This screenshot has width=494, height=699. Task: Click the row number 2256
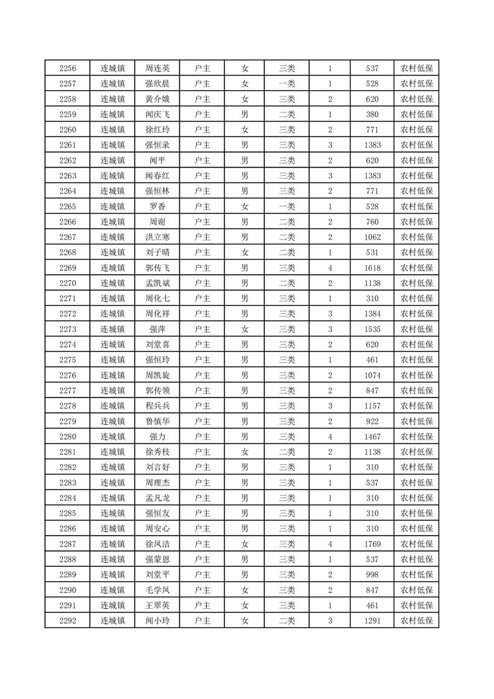(x=67, y=69)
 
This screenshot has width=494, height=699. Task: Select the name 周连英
(x=157, y=69)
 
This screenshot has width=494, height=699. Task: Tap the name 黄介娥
(x=157, y=99)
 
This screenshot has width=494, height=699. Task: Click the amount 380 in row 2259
(x=373, y=115)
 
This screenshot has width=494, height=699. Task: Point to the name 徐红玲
(x=157, y=130)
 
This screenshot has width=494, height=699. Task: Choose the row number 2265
(x=67, y=206)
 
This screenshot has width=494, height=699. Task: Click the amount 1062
(x=373, y=237)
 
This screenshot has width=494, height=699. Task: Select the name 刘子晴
(x=157, y=252)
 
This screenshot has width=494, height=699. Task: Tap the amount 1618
(x=373, y=268)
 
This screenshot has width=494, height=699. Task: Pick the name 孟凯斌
(x=157, y=283)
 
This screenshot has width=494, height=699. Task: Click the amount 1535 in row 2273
(x=373, y=329)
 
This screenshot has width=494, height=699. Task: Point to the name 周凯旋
(x=157, y=375)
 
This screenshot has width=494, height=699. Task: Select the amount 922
(x=373, y=421)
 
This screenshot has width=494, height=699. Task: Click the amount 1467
(x=373, y=436)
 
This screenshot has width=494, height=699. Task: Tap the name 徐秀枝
(x=157, y=452)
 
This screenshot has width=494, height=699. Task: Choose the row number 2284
(x=67, y=498)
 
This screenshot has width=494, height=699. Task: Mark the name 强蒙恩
(x=157, y=559)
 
